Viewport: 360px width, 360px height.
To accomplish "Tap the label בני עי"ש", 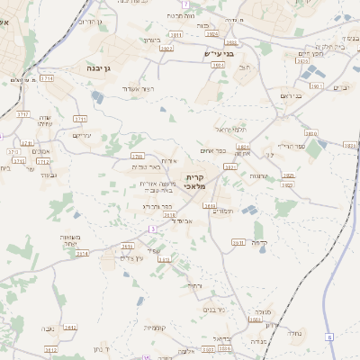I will coord(219,54).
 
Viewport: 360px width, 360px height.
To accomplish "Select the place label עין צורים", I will coord(131,259).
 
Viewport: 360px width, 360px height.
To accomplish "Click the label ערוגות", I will coord(259,176).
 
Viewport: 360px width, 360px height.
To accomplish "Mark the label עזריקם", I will coord(82,136).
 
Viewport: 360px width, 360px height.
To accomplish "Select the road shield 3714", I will coord(47,78).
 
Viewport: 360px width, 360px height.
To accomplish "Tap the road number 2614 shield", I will coord(83,254).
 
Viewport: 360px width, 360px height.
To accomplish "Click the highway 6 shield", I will coord(329,337).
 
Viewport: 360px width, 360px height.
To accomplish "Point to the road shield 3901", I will coord(315,86).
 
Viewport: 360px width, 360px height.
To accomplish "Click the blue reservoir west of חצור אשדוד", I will coord(97,96).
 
